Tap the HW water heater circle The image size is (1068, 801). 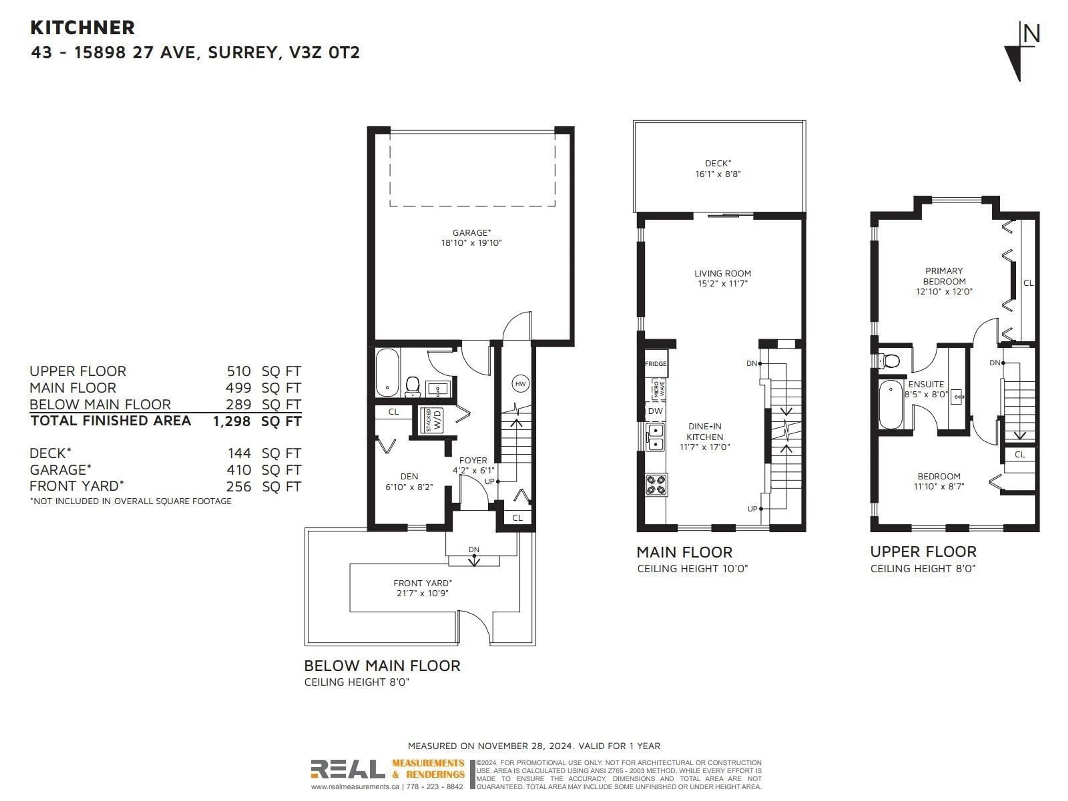coord(520,384)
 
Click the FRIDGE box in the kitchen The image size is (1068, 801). coord(656,364)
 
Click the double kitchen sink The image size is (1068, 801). coord(655,437)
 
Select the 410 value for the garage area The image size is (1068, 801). coord(239,470)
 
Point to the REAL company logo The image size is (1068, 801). coord(348,769)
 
